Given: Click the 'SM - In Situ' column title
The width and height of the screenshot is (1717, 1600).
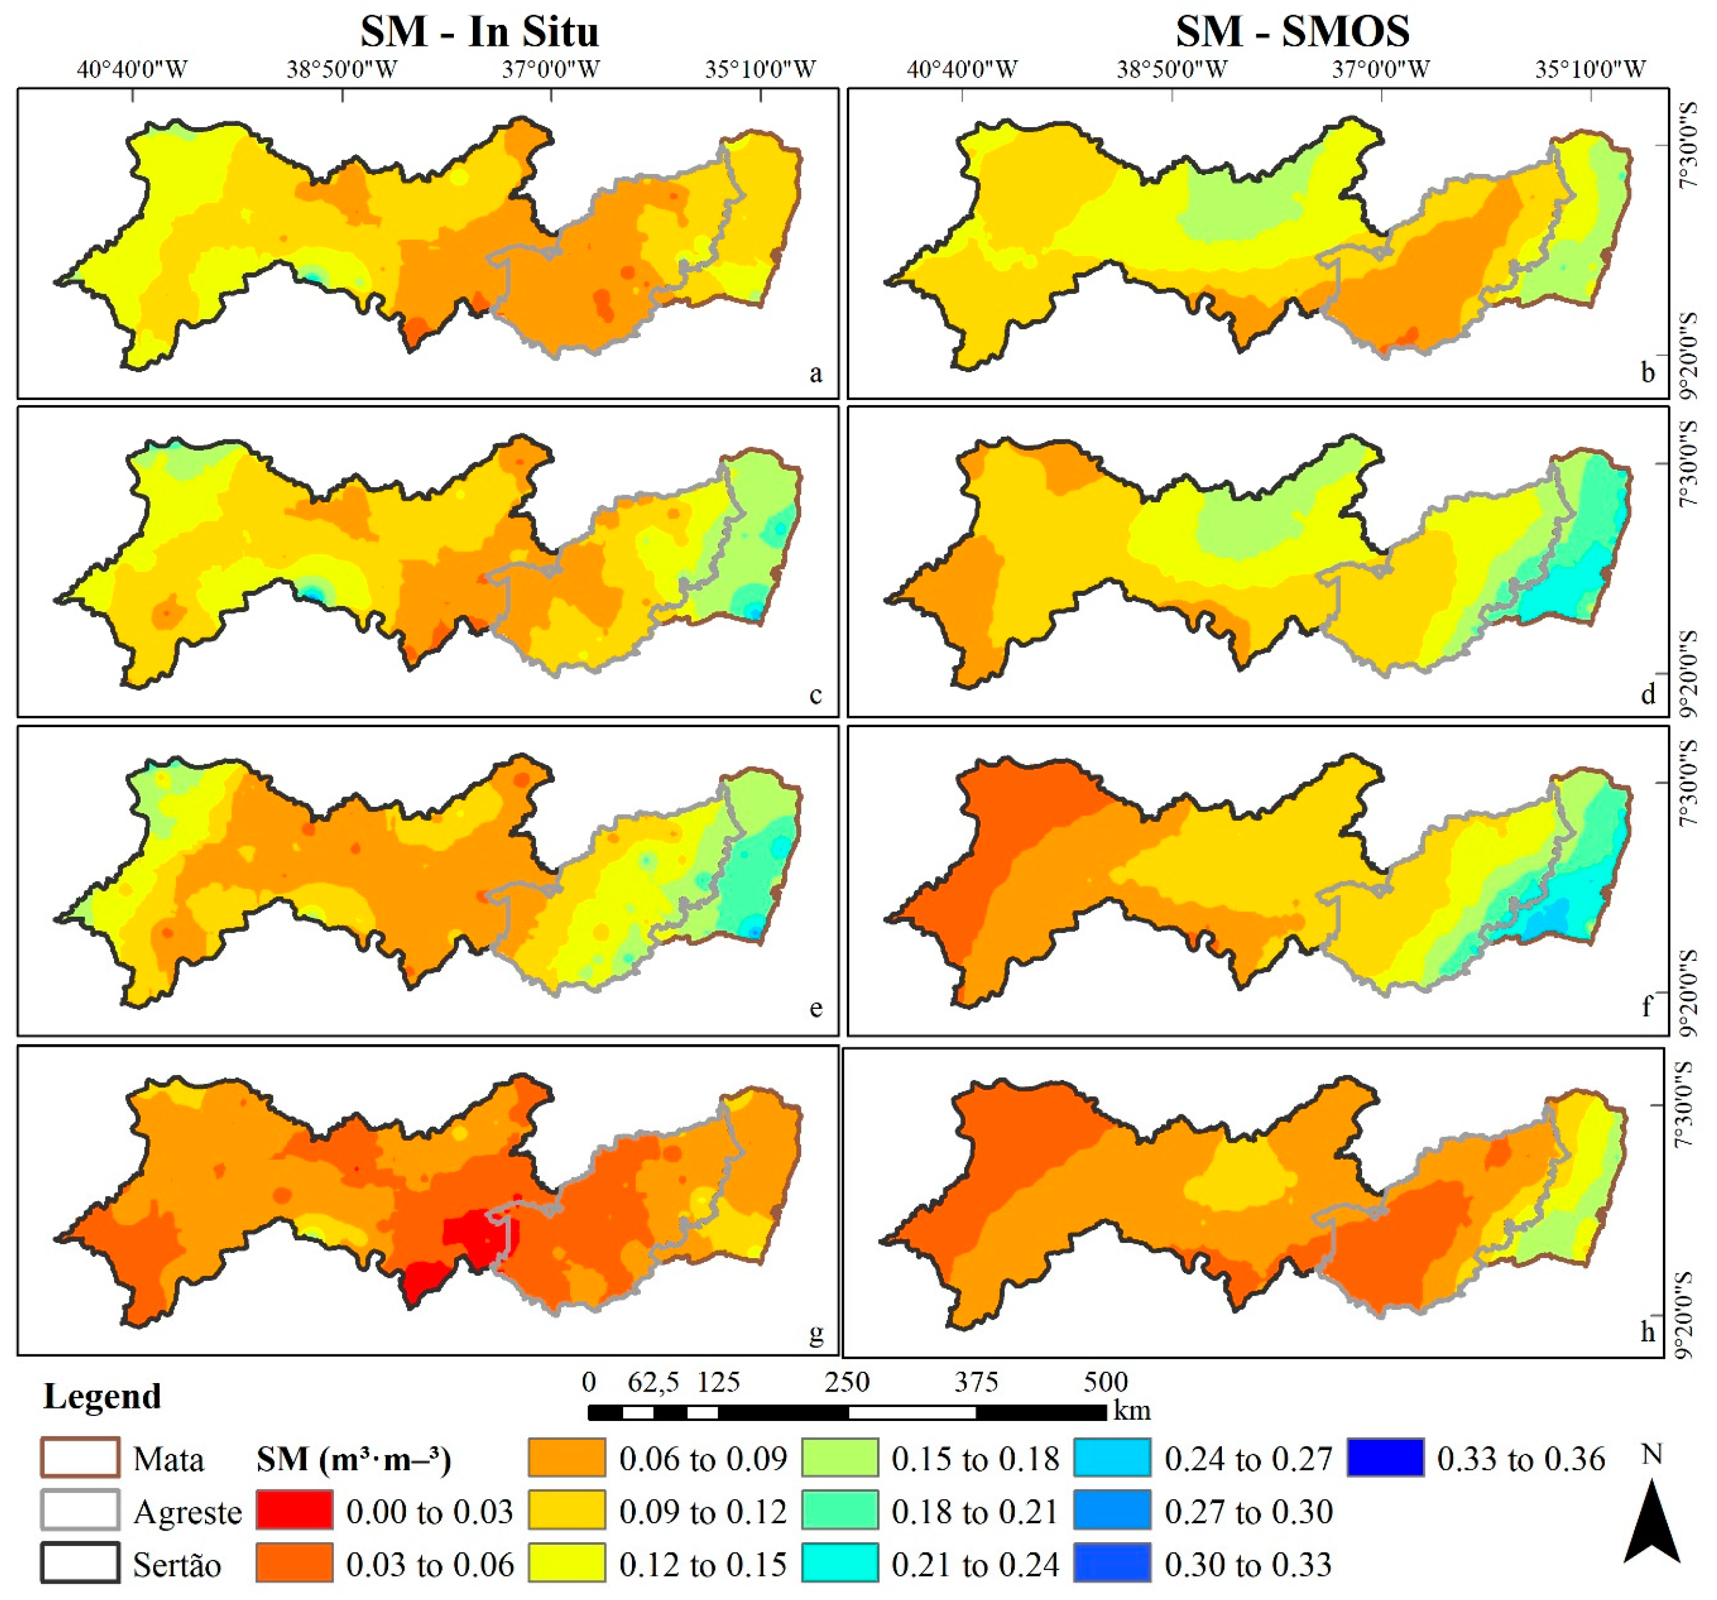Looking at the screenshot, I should [x=479, y=32].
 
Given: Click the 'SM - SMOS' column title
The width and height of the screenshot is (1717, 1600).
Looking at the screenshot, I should [x=1292, y=32].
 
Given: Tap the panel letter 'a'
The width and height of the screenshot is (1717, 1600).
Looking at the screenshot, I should [x=815, y=374].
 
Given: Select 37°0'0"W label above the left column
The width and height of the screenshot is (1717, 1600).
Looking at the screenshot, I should [x=551, y=69].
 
